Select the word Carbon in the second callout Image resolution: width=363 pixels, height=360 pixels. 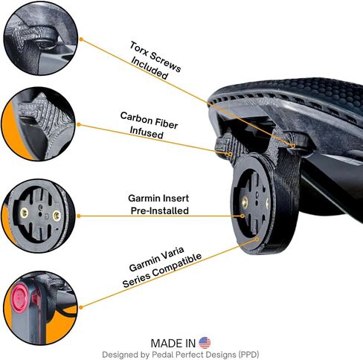[x=136, y=118]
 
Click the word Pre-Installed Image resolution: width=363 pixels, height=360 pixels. [x=160, y=210]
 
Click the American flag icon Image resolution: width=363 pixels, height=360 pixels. [x=205, y=343]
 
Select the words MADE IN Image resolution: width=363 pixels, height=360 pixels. [x=173, y=344]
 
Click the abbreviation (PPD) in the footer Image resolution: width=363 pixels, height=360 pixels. [x=248, y=355]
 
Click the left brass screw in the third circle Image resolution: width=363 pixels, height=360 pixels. [x=24, y=213]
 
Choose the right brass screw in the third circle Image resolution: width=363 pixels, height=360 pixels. [x=57, y=216]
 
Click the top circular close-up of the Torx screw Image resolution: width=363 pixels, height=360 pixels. [x=40, y=38]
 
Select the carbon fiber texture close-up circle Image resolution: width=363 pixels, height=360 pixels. [x=39, y=124]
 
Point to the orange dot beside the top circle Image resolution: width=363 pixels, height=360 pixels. [x=81, y=39]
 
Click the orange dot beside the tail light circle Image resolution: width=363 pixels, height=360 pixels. [x=81, y=307]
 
